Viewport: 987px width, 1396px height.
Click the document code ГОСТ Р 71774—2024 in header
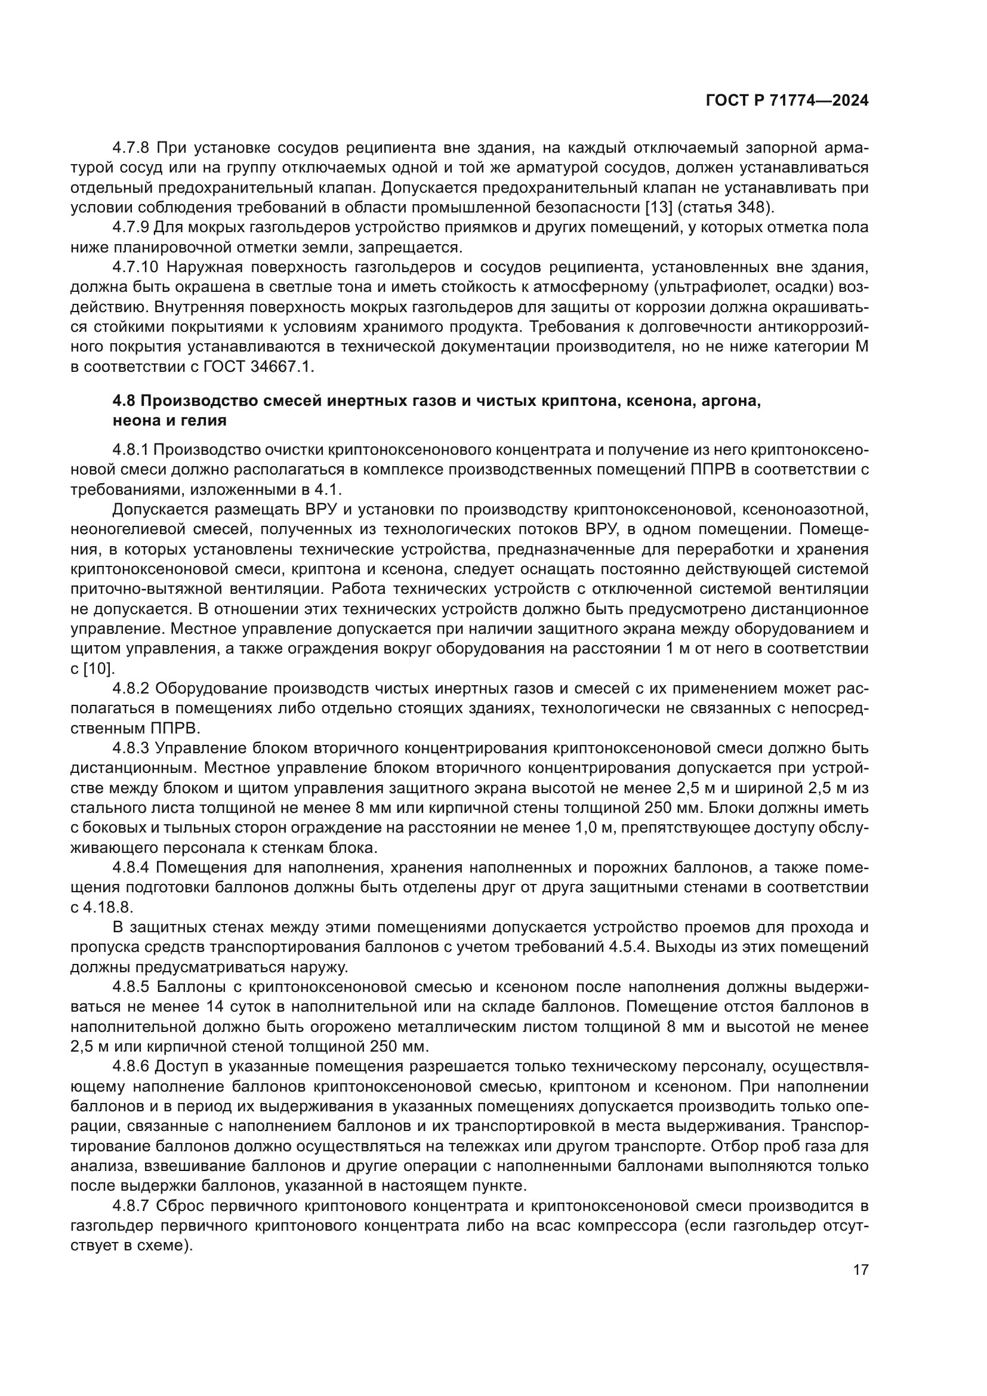[786, 101]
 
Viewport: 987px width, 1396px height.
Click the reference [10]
[98, 668]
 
